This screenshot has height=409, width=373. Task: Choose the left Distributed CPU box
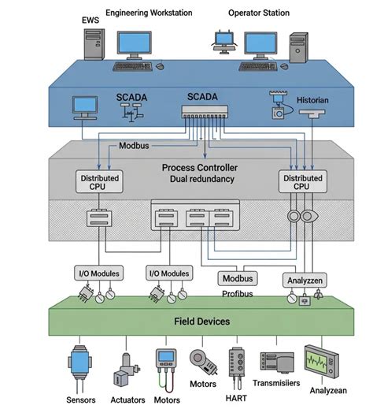tap(100, 182)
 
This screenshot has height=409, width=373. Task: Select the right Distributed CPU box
tap(301, 182)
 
